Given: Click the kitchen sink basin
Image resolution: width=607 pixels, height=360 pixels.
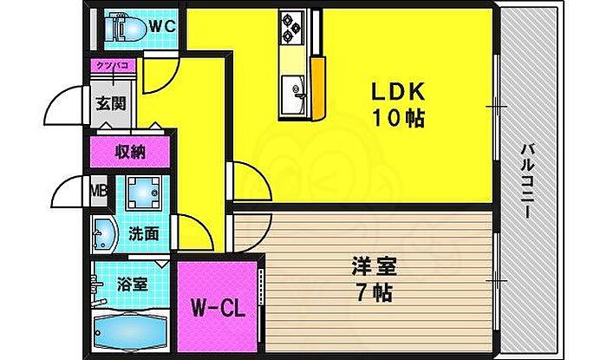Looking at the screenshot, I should (x=290, y=89).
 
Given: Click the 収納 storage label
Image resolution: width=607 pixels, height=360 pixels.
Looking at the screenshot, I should (x=130, y=152).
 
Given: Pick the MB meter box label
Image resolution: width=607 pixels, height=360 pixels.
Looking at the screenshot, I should (x=99, y=189).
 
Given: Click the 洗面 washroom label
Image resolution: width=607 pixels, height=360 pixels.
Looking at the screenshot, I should (x=144, y=232).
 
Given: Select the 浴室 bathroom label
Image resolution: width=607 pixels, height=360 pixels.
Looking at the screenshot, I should (x=132, y=284).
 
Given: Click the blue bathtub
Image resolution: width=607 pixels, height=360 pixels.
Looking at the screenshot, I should (x=130, y=333).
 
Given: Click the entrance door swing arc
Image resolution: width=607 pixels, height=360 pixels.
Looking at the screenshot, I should (x=59, y=108).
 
